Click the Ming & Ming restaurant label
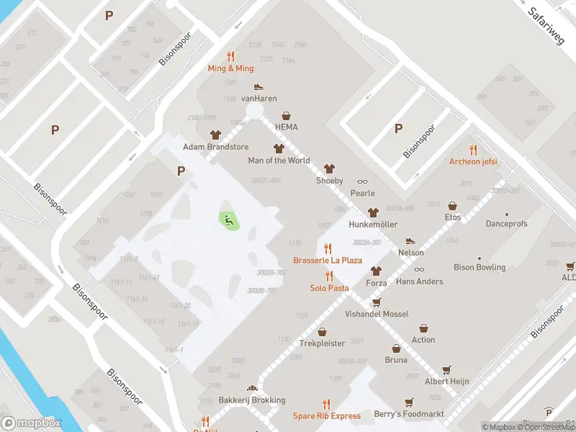coord(230,68)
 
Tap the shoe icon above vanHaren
coord(258,86)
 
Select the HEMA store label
coord(286,127)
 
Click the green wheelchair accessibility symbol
coord(229,220)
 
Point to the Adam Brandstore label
coord(215,147)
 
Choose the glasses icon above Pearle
coord(362,181)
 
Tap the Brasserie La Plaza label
coord(328,260)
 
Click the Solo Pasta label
coord(329,288)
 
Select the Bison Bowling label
coord(480,267)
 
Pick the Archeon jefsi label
coord(473,161)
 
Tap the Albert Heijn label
coord(447,381)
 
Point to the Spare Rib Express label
coord(326,415)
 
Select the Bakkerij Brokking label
coord(252,400)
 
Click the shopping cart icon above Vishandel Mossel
coord(376,302)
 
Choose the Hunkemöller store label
coord(372,224)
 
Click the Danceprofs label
coord(506,224)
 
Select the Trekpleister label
coord(322,343)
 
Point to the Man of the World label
coord(279,161)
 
